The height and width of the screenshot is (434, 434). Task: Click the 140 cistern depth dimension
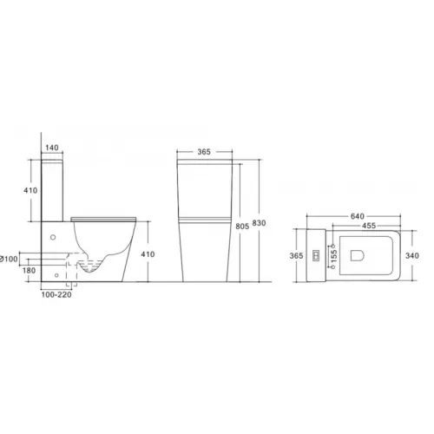pos(52,148)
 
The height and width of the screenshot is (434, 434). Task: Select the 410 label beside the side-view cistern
pos(30,190)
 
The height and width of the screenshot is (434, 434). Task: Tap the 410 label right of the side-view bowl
pos(148,254)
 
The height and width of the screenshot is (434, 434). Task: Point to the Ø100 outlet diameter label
pos(9,259)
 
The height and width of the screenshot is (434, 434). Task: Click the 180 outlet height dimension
pos(29,271)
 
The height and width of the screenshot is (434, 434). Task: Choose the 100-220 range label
pos(56,295)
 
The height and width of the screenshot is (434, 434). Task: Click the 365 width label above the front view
pos(204,152)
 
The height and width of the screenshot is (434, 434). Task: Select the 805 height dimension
pos(242,227)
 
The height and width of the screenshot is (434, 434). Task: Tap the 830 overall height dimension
pos(259,223)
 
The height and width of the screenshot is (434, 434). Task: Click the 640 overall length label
pos(358,216)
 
